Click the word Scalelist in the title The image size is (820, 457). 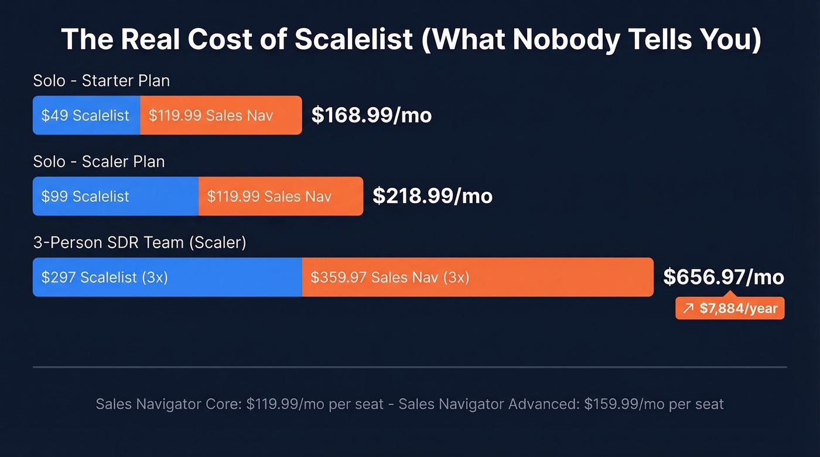(354, 40)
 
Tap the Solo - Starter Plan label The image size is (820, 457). (101, 80)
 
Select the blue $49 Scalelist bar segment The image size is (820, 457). (86, 115)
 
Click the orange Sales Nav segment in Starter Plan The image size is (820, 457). (221, 115)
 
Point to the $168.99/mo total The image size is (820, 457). (371, 115)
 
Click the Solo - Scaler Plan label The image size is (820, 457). (99, 161)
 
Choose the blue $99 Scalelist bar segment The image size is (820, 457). (115, 196)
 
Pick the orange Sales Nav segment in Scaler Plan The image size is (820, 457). (281, 196)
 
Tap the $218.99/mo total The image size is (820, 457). (432, 196)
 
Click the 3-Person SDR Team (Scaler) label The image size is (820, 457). (139, 242)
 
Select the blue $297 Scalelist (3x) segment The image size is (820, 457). (167, 277)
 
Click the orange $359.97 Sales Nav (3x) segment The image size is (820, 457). (477, 277)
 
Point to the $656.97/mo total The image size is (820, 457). (723, 277)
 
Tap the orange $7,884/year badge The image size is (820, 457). (730, 308)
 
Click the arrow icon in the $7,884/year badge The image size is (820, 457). (688, 308)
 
